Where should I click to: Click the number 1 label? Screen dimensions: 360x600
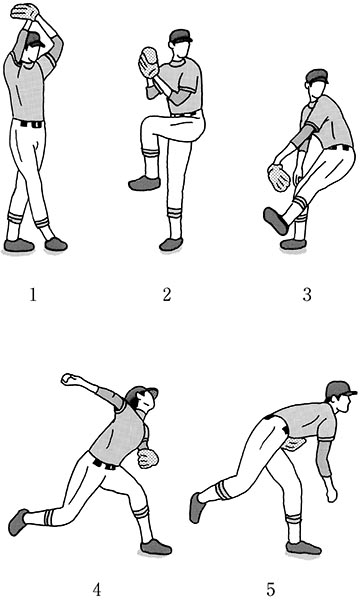pos(33,295)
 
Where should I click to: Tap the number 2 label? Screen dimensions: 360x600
pos(167,295)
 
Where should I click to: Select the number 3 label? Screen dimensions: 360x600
pos(307,295)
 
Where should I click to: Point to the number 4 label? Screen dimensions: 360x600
pos(97,590)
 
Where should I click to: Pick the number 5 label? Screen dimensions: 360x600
pos(270,590)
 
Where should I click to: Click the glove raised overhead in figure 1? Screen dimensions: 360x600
pos(24,11)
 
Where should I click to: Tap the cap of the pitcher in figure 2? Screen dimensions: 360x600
pos(180,36)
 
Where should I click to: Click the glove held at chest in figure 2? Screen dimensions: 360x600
pos(148,62)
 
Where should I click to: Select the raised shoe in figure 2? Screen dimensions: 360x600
pos(144,184)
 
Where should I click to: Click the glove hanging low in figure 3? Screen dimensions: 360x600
pos(279,177)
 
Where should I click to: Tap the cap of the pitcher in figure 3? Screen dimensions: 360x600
pos(317,76)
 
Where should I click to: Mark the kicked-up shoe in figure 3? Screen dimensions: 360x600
pos(275,221)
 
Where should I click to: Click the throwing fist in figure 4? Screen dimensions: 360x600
pos(69,379)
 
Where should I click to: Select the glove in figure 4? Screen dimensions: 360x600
pos(148,458)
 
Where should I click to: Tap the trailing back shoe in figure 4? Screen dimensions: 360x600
pos(18,522)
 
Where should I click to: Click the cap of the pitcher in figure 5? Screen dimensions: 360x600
pos(340,390)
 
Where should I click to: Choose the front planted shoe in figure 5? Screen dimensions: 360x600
pos(303,548)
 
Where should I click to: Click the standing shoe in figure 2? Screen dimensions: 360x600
pos(171,244)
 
